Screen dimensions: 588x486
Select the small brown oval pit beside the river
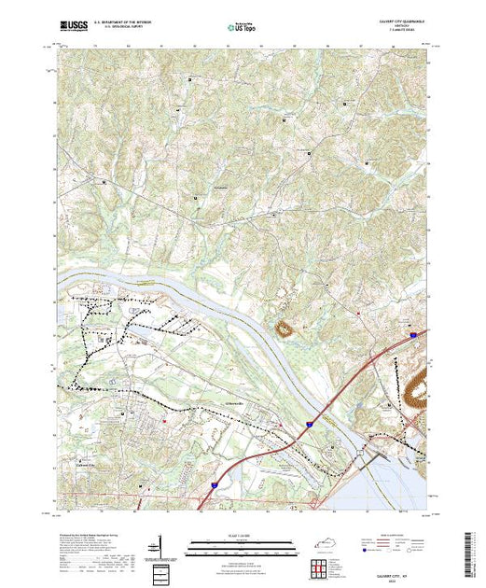283,328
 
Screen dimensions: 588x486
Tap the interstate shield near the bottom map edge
213,485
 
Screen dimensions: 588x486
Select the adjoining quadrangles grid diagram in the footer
319,567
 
